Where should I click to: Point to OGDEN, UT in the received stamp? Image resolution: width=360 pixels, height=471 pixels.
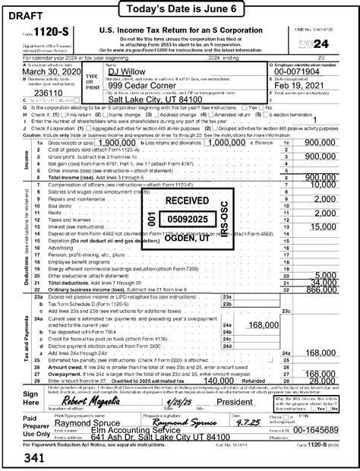pyautogui.click(x=187, y=238)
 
